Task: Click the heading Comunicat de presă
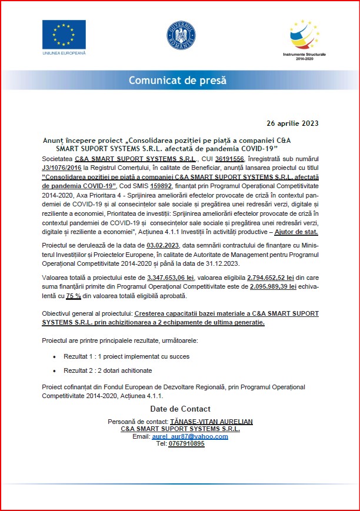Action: pyautogui.click(x=178, y=81)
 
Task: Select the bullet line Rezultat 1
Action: pyautogui.click(x=126, y=356)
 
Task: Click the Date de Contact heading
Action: pyautogui.click(x=180, y=409)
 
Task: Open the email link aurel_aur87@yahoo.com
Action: pyautogui.click(x=189, y=437)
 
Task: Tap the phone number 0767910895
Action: pyautogui.click(x=187, y=445)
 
